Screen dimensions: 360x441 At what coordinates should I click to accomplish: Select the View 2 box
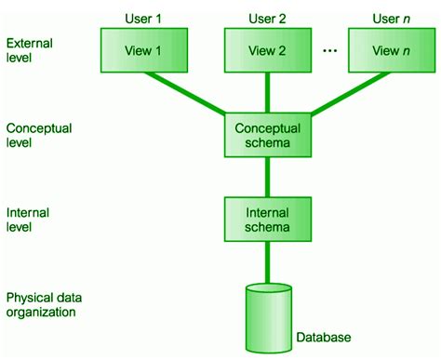[x=267, y=51]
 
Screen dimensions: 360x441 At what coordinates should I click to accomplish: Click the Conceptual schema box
[x=267, y=135]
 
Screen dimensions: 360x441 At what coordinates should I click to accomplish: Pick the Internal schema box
[x=267, y=219]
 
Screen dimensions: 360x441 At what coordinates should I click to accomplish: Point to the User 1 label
[x=143, y=16]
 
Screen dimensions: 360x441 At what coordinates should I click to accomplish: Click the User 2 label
[x=267, y=16]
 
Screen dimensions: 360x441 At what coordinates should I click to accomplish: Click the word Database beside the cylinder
[x=326, y=337]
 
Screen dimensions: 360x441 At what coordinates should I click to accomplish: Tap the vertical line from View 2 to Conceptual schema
[x=267, y=93]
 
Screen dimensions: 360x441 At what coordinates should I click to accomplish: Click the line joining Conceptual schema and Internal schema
[x=267, y=177]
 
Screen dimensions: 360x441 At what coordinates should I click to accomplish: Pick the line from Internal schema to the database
[x=267, y=260]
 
